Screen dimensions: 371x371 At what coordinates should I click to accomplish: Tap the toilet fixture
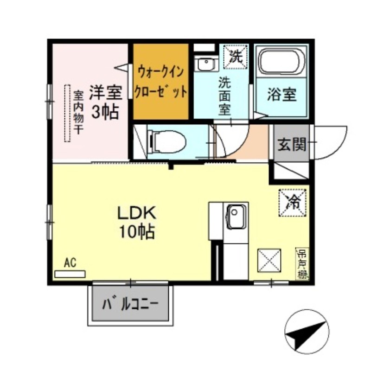(165, 140)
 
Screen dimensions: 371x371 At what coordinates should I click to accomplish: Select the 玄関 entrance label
(292, 145)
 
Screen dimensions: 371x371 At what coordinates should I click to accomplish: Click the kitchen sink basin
(235, 217)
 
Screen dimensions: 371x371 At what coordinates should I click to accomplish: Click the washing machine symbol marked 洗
(236, 57)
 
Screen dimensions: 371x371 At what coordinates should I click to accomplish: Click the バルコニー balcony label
(131, 305)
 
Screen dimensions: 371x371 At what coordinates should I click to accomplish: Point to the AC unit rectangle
(70, 274)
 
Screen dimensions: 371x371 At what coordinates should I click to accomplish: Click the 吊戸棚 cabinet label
(302, 264)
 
